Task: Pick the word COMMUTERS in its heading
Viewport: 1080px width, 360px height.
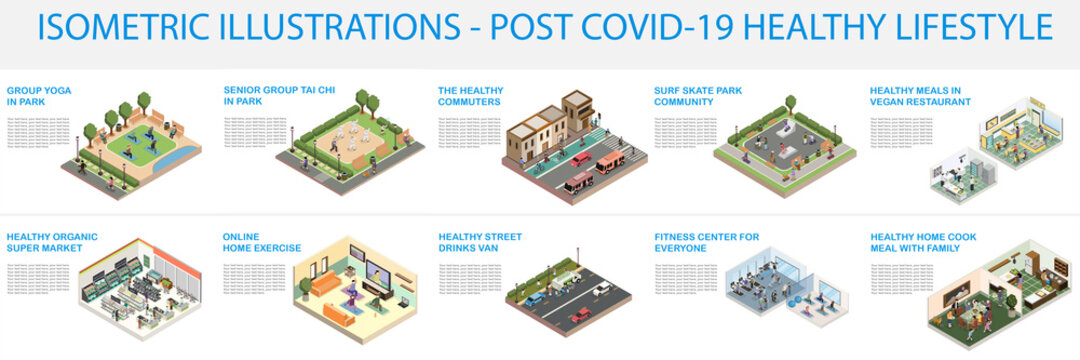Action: (x=469, y=101)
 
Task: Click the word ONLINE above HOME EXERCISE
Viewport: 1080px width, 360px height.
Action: (x=241, y=237)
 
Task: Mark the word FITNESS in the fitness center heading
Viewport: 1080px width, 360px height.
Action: (x=676, y=237)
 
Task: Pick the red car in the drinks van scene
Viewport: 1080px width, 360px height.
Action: (x=581, y=316)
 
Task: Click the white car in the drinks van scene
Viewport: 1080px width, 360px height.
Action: (x=602, y=290)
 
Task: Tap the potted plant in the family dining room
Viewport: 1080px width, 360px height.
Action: (x=1010, y=301)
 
